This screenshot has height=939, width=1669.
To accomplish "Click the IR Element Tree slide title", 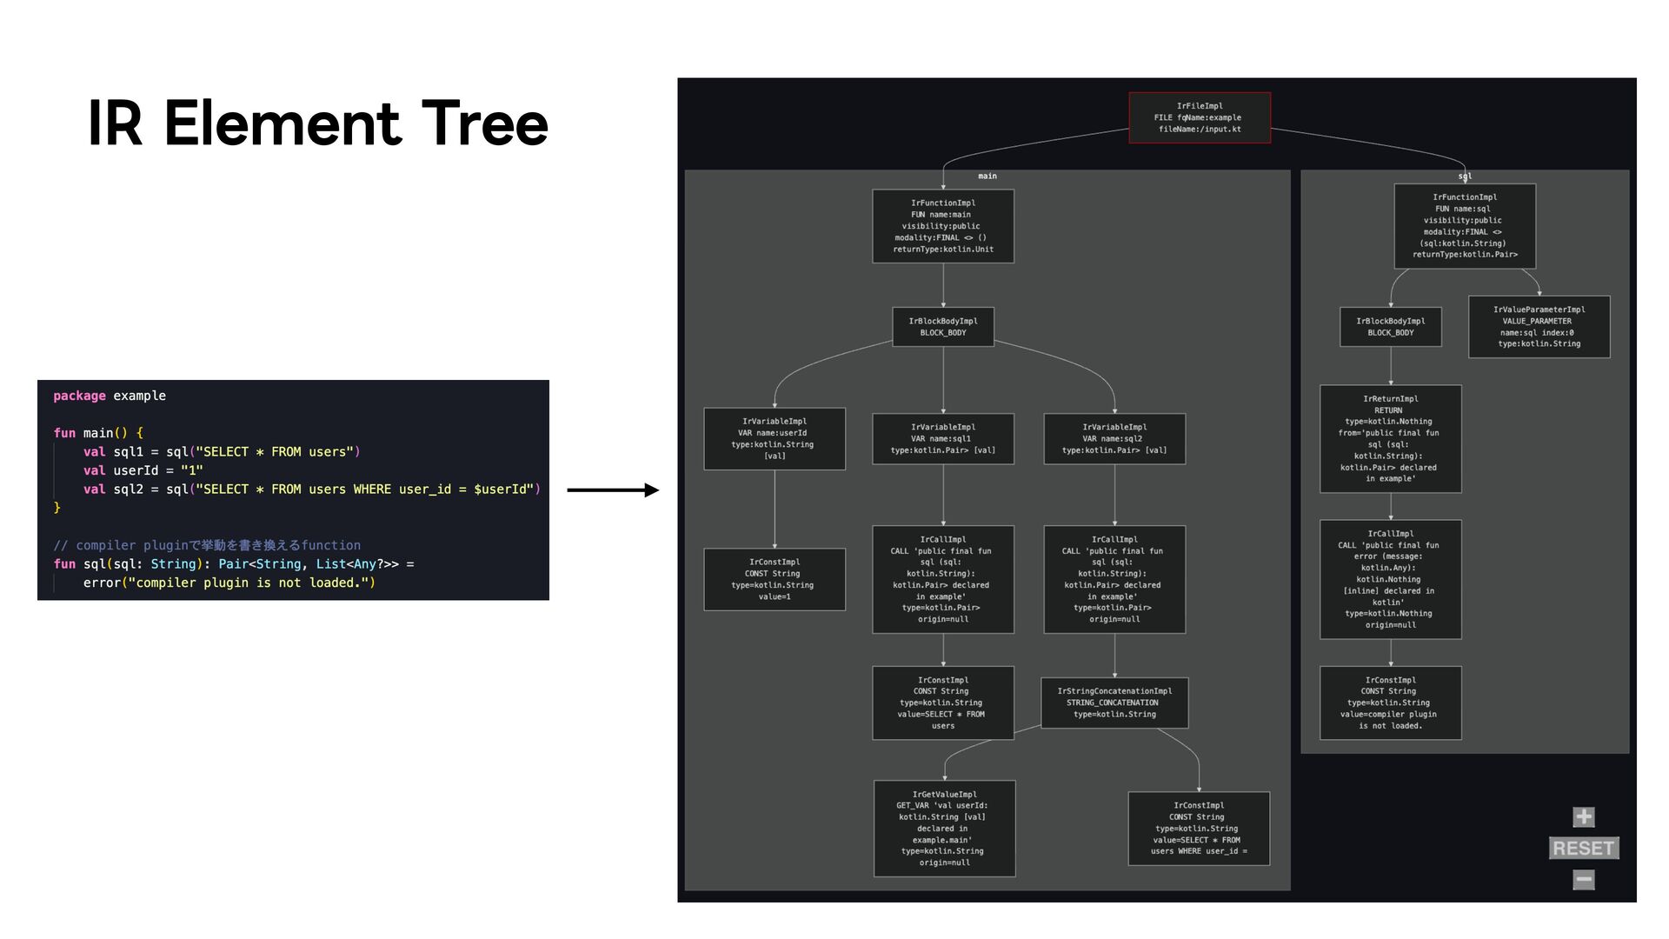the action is click(x=318, y=123).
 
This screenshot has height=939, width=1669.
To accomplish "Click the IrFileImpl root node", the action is click(x=1199, y=117).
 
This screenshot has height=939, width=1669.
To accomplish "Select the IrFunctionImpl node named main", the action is click(x=942, y=226).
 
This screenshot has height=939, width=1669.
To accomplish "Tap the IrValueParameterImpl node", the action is click(x=1539, y=327).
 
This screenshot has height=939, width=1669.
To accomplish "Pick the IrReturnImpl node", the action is click(x=1390, y=438).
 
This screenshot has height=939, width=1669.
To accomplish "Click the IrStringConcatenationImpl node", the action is click(x=1114, y=703).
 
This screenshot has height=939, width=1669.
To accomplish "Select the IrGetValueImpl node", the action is click(x=944, y=828).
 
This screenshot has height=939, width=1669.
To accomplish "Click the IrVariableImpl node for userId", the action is click(x=774, y=438).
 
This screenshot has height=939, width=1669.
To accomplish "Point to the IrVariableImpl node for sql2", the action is click(x=1114, y=438).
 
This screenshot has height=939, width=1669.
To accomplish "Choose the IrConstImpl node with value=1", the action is click(x=774, y=579).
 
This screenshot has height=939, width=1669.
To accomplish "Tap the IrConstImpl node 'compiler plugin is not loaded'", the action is click(x=1390, y=703).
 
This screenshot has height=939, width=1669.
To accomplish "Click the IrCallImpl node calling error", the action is click(x=1390, y=579).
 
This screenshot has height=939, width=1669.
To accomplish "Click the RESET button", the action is click(x=1583, y=848).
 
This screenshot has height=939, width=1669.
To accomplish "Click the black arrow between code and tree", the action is click(x=613, y=490).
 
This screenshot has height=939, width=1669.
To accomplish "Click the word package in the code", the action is click(x=79, y=396).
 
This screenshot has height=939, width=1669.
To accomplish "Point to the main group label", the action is click(x=987, y=176).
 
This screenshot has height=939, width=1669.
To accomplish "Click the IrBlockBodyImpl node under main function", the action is click(x=942, y=327).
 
